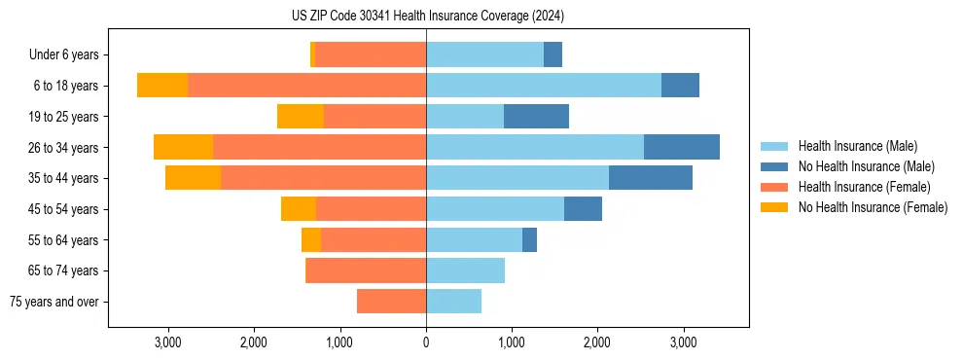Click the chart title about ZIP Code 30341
(427, 17)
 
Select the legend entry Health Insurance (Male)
(857, 146)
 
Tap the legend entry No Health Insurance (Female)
(873, 207)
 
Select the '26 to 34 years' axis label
(64, 148)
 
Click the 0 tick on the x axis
(426, 342)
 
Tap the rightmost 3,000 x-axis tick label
(683, 342)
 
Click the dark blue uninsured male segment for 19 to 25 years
(536, 117)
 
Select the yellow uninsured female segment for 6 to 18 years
(162, 86)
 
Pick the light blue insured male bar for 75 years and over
(453, 302)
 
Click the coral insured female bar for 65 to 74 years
(366, 270)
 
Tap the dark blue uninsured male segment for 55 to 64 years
(529, 240)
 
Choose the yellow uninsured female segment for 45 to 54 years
(299, 209)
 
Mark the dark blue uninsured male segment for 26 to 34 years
(682, 148)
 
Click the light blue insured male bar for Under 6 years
(484, 55)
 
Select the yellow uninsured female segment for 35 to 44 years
(193, 178)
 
